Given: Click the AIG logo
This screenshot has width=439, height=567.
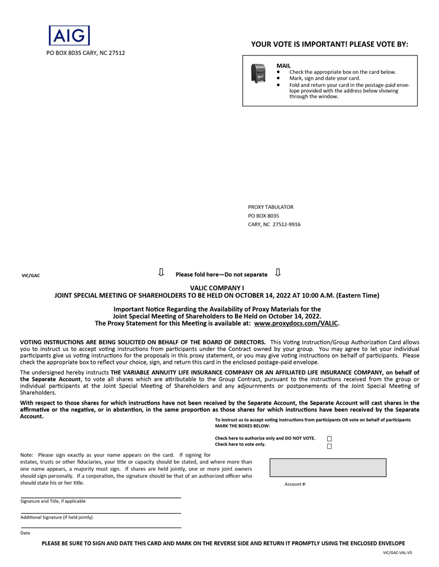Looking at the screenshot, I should [x=69, y=35].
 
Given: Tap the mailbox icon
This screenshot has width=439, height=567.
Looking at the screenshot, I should [x=258, y=73].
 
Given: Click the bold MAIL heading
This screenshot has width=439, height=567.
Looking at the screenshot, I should [x=283, y=66].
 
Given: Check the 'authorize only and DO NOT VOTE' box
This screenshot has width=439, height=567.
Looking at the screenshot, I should [x=330, y=438].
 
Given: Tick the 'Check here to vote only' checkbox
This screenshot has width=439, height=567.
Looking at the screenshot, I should [x=330, y=446].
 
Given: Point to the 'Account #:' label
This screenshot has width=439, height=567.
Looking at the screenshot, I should [x=295, y=484].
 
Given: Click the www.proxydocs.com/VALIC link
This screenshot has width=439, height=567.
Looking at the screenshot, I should [x=296, y=324].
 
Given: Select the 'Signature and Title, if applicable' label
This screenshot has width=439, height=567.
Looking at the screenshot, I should [x=53, y=501].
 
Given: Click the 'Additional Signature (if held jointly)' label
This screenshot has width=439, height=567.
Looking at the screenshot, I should [x=57, y=517].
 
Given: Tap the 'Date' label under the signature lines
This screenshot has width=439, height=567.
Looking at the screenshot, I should [x=25, y=533].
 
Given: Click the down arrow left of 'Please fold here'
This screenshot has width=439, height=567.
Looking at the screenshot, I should [x=161, y=273].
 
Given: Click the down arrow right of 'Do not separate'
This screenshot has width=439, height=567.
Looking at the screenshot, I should [x=278, y=273].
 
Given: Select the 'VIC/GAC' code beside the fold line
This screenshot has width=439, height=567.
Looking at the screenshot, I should [x=31, y=275].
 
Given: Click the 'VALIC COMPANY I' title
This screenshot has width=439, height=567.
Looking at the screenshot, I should [x=220, y=287].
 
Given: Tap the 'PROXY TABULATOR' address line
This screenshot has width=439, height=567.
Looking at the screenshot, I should [x=270, y=207].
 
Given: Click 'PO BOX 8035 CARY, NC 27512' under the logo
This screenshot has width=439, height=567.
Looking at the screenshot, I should [x=86, y=53].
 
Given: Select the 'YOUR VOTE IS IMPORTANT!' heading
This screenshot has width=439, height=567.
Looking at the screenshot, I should [x=330, y=44].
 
